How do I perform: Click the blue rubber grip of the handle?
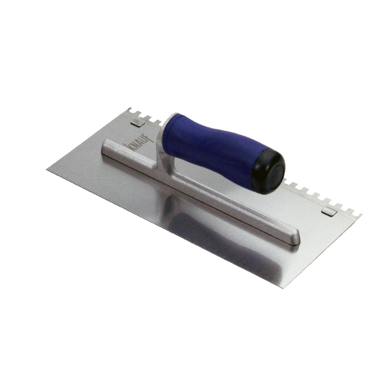tap(215, 147)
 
